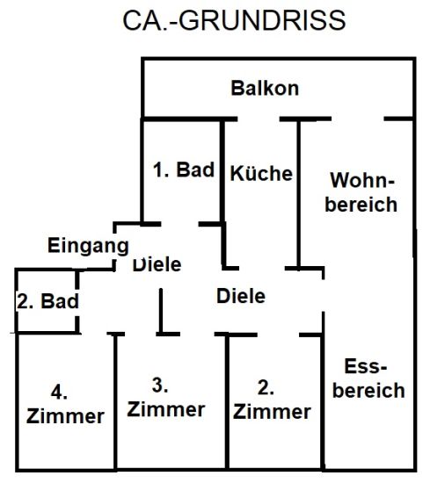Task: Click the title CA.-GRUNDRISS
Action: point(234,20)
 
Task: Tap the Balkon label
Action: point(265,88)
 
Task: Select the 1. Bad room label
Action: point(184,169)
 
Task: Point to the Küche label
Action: point(261,172)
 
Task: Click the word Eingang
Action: point(88,246)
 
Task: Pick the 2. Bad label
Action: point(47,301)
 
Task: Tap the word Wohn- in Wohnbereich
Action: point(362,180)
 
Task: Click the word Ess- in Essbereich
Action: point(366,366)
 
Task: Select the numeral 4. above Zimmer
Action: point(59,393)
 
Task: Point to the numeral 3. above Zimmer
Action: point(160,385)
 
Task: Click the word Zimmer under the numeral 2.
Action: point(272,412)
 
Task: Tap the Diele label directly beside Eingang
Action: point(157,264)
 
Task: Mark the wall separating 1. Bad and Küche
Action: point(222,170)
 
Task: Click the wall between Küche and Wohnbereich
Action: point(299,194)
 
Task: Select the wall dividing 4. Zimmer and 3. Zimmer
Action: point(115,402)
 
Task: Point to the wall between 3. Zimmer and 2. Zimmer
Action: point(227,402)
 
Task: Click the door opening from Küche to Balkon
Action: point(259,119)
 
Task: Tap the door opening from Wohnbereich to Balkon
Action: point(358,119)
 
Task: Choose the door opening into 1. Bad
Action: point(179,224)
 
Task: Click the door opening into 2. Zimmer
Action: point(278,335)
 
